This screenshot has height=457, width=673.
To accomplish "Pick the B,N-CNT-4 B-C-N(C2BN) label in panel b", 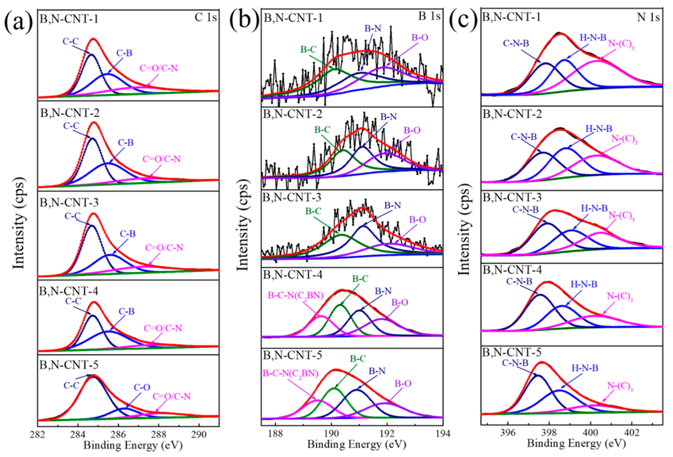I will click(x=295, y=295).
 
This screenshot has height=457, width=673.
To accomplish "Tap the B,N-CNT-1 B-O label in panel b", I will click(x=420, y=37).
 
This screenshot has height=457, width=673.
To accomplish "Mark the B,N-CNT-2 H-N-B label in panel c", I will click(x=599, y=129).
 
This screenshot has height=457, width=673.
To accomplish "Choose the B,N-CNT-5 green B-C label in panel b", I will click(x=358, y=359).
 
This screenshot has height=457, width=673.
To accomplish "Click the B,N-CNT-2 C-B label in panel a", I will click(x=126, y=143).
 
